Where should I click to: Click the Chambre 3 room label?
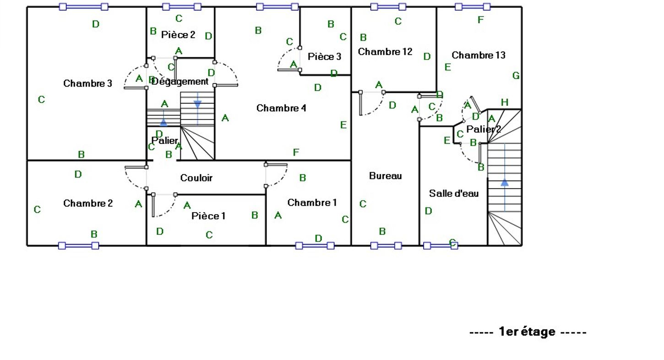click(x=88, y=83)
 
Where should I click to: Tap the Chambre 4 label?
click(x=281, y=108)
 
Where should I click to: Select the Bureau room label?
click(x=386, y=176)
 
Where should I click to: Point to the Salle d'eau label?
click(x=454, y=193)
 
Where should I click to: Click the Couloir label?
click(x=196, y=178)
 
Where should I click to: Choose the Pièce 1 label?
click(x=208, y=216)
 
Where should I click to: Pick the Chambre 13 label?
click(x=479, y=55)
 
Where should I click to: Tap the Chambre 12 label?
click(x=385, y=52)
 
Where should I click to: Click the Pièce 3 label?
click(x=324, y=56)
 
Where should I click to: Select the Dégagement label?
click(x=180, y=82)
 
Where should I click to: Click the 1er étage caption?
click(x=528, y=332)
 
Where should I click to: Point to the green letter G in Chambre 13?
click(x=516, y=76)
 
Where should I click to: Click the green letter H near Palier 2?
click(x=505, y=102)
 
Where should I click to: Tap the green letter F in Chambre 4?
click(x=296, y=152)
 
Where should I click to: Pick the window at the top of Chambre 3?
click(x=84, y=6)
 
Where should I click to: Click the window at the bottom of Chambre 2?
click(x=79, y=245)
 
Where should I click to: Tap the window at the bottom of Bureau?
click(x=386, y=245)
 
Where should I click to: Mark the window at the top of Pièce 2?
click(x=182, y=6)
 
